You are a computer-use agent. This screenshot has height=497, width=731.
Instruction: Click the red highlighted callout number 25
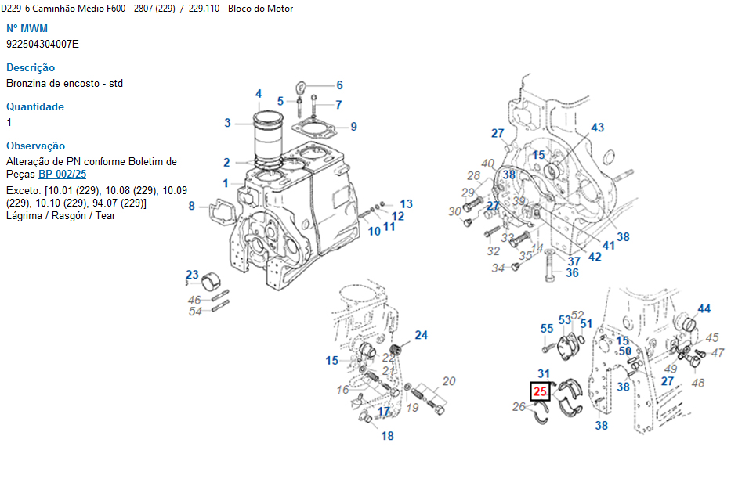(x=540, y=391)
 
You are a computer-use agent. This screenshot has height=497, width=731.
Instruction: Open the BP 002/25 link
(x=63, y=174)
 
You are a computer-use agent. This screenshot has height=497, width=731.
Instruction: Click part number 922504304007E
(x=42, y=44)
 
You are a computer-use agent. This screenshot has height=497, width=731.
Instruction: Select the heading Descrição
(x=31, y=68)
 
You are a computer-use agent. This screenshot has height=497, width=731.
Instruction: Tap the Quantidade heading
(x=35, y=107)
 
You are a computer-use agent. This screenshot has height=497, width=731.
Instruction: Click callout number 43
(x=597, y=128)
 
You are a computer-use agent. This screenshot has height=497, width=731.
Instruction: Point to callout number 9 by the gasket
(x=353, y=126)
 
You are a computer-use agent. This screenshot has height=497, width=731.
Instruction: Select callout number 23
(x=192, y=275)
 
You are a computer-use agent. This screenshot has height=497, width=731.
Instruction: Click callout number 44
(x=704, y=309)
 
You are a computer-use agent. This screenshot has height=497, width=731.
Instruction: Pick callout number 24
(x=422, y=335)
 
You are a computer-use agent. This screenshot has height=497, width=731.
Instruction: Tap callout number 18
(x=387, y=436)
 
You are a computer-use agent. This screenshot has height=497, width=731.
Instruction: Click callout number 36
(x=572, y=273)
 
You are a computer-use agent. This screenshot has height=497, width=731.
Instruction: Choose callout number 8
(x=191, y=206)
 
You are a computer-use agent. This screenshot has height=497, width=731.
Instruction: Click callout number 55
(x=547, y=329)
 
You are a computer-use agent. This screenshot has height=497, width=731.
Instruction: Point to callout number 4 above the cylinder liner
(x=259, y=95)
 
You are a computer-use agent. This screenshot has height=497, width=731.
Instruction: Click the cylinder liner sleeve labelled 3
(x=270, y=141)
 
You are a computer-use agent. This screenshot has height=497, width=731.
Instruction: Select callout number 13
(x=406, y=203)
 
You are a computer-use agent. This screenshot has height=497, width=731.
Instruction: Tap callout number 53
(x=564, y=319)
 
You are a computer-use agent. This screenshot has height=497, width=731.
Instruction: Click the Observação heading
(x=36, y=146)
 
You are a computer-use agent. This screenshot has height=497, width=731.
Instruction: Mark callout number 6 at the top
(x=339, y=85)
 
